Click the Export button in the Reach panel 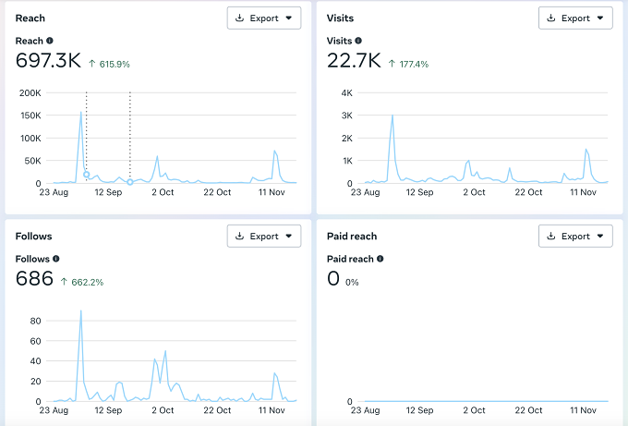click(x=264, y=18)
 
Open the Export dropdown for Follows click(x=264, y=236)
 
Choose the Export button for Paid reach click(x=575, y=236)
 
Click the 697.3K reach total click(x=48, y=60)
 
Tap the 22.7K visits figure click(x=354, y=60)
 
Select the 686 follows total click(x=34, y=278)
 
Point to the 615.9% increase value click(x=115, y=64)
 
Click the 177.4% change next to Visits click(x=414, y=64)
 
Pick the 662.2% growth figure click(x=88, y=282)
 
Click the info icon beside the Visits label click(x=358, y=41)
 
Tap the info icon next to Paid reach click(x=380, y=259)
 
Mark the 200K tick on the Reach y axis click(x=30, y=93)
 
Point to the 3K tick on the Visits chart click(x=347, y=116)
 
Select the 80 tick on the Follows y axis click(x=35, y=321)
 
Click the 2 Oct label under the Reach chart click(x=163, y=192)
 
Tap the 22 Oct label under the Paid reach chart click(x=528, y=410)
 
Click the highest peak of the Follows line click(x=81, y=311)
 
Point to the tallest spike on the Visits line click(x=392, y=116)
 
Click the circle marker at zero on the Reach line click(x=130, y=182)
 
